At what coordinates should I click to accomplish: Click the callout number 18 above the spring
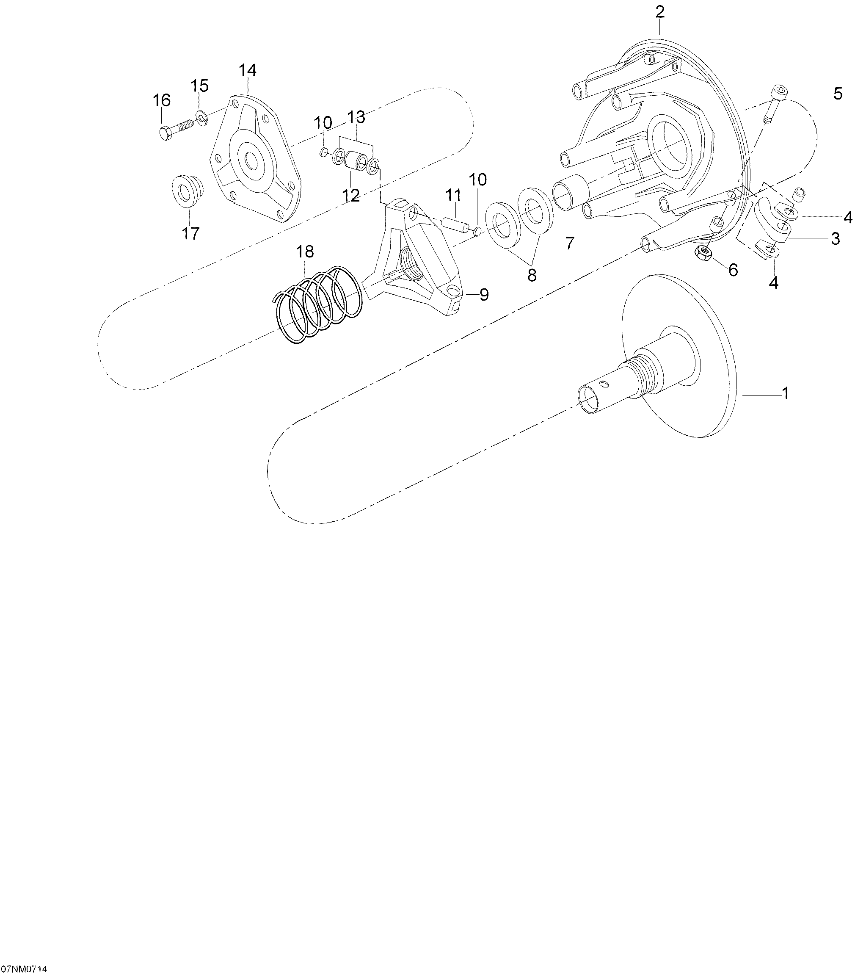pos(305,252)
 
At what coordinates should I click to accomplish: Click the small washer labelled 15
pos(202,117)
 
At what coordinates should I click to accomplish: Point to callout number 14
pos(248,70)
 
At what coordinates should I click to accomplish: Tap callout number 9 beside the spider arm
pos(484,295)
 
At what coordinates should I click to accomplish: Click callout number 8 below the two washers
pos(532,275)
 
